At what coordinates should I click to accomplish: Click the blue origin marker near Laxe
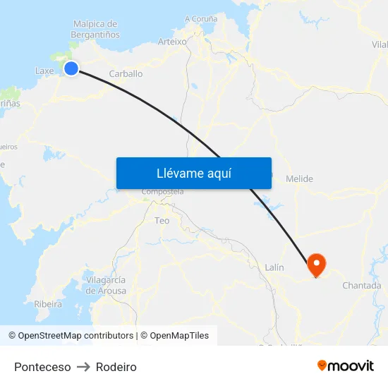tap(71, 68)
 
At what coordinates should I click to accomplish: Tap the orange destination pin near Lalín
tap(316, 264)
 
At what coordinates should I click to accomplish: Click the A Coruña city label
tap(201, 19)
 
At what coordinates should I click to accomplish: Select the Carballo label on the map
tap(126, 73)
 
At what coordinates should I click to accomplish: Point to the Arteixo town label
tap(172, 42)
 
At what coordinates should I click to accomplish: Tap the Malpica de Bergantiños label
tap(95, 29)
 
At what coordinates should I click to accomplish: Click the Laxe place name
tap(44, 71)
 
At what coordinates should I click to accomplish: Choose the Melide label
tap(299, 179)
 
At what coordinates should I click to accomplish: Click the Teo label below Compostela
tap(162, 221)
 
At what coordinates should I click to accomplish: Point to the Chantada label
tap(361, 286)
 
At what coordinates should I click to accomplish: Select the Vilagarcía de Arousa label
tap(106, 285)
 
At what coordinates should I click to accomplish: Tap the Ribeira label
tap(48, 304)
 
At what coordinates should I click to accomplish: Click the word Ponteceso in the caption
tap(42, 367)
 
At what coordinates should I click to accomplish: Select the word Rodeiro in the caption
tap(116, 367)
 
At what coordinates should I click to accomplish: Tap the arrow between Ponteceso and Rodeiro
tap(83, 367)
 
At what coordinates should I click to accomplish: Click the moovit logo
tap(345, 365)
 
